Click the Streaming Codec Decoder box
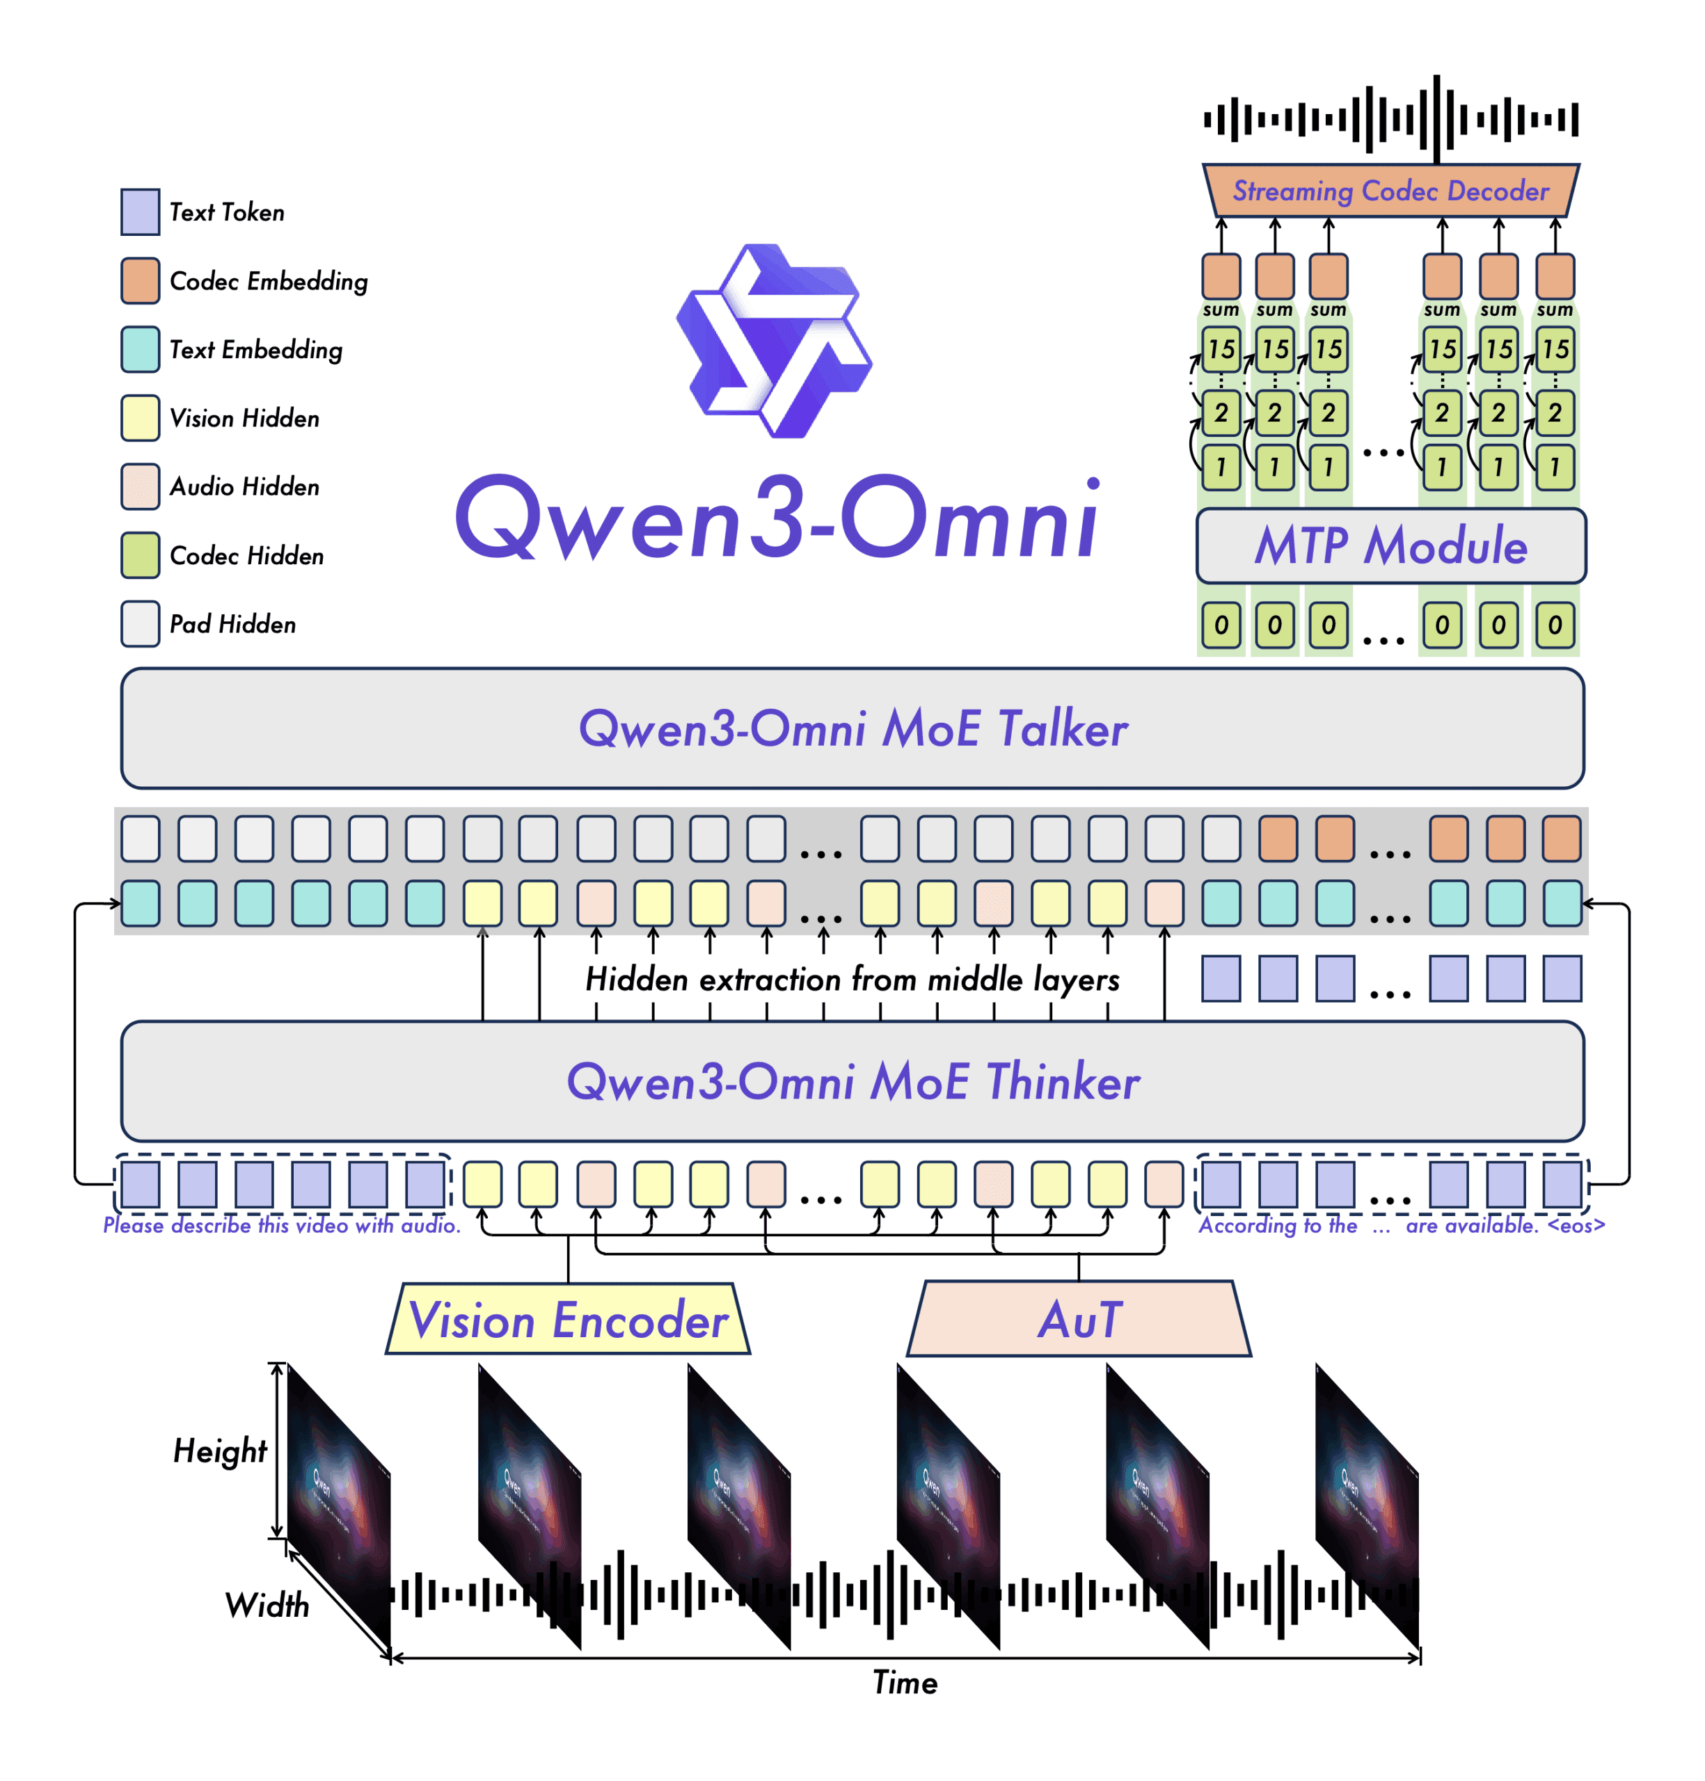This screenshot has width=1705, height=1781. click(x=1390, y=191)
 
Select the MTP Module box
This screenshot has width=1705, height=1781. click(x=1390, y=546)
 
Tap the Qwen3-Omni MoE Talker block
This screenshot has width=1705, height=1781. click(x=852, y=729)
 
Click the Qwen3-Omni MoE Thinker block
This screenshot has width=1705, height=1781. click(x=852, y=1081)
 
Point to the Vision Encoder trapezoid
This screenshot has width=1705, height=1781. click(x=568, y=1319)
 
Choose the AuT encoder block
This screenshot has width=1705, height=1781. click(x=1079, y=1319)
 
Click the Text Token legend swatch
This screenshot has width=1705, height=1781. click(x=140, y=211)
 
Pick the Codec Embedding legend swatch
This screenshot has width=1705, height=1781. click(x=140, y=281)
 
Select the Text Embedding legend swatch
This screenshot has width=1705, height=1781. click(x=140, y=350)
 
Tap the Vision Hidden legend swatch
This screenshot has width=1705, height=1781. click(x=140, y=418)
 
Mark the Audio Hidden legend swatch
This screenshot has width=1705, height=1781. click(x=140, y=487)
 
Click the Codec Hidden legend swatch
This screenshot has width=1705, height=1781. click(x=140, y=555)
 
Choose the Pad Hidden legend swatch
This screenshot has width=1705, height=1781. click(x=140, y=624)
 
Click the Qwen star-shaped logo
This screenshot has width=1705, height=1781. click(x=775, y=341)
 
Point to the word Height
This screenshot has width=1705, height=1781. click(x=220, y=1451)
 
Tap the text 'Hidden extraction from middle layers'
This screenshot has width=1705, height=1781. click(x=852, y=980)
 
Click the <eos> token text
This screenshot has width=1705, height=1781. click(x=1576, y=1226)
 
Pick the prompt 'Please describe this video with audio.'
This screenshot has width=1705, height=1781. click(x=282, y=1226)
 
